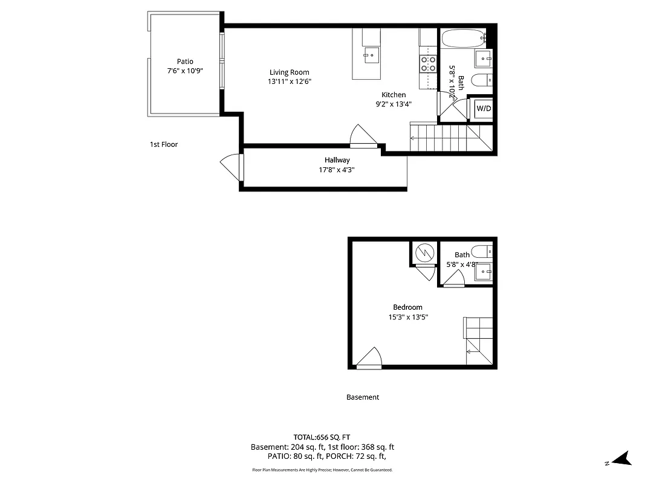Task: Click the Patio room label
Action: pos(185,61)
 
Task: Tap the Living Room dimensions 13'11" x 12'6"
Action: pos(290,81)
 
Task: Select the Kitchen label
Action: pos(394,95)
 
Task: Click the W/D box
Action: pos(484,109)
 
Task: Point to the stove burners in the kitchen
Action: pos(428,64)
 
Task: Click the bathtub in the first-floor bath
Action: pos(463,39)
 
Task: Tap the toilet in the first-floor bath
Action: pos(482,80)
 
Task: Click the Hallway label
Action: pos(337,160)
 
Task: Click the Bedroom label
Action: pos(407,307)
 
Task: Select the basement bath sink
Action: pos(484,272)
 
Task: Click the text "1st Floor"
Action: pos(164,144)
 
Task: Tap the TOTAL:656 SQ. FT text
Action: pos(322,437)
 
